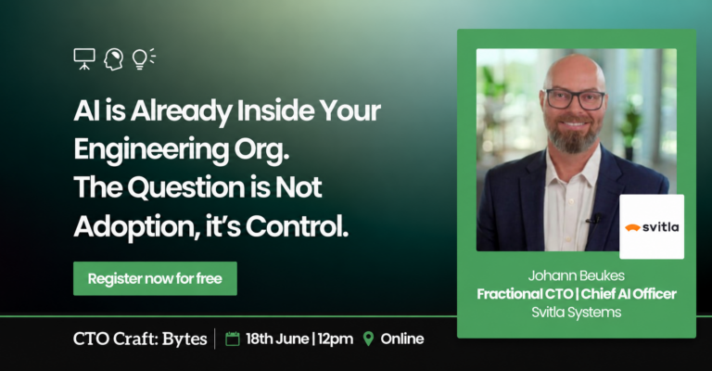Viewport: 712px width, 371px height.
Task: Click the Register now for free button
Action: tap(155, 278)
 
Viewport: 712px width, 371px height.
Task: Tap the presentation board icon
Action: tap(84, 59)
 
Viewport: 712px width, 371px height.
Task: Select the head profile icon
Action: tap(113, 59)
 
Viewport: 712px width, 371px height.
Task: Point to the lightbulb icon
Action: tap(143, 59)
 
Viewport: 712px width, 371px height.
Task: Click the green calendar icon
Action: tap(233, 339)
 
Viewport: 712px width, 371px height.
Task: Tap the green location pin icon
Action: tap(368, 339)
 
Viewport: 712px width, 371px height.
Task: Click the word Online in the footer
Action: tap(402, 339)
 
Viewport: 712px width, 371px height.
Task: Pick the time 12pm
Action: tap(335, 339)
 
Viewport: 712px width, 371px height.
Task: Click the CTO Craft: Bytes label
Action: tap(140, 339)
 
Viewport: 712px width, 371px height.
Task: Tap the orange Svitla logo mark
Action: tap(632, 227)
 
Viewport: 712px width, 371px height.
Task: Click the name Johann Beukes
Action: tap(577, 275)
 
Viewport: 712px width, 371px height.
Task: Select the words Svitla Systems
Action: tap(577, 313)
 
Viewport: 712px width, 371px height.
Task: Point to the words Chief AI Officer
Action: tap(629, 294)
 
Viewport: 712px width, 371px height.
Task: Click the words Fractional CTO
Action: tap(525, 294)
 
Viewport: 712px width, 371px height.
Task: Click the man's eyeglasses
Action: tap(575, 99)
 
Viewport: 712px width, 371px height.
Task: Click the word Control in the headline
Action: tap(297, 226)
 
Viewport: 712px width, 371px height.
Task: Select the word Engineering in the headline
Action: tap(151, 150)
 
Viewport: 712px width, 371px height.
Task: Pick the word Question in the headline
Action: tap(186, 187)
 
